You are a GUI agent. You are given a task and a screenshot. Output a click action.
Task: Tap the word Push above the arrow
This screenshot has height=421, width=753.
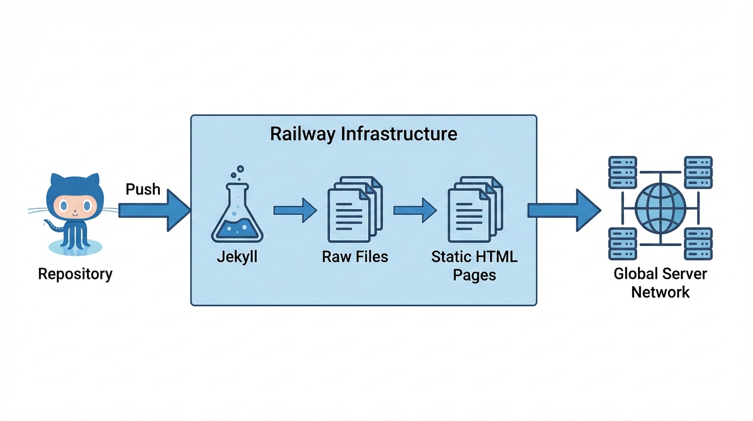[x=143, y=189]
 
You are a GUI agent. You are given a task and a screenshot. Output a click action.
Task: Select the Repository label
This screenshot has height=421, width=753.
[x=75, y=274]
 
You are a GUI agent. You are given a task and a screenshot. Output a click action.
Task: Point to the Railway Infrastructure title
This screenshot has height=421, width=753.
[x=363, y=134]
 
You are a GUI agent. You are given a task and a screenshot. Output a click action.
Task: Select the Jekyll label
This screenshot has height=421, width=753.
[x=237, y=257]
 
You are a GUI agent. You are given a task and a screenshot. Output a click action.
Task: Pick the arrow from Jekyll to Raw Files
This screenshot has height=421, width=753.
[x=295, y=210]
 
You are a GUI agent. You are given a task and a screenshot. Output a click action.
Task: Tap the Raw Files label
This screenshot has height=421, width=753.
[x=355, y=257]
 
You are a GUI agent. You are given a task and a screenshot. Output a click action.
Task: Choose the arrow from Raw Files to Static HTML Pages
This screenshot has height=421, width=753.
[x=415, y=210]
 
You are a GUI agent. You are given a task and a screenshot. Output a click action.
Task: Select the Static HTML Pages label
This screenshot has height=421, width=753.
[x=474, y=266]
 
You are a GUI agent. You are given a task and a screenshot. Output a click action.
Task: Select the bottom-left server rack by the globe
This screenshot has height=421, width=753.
[x=622, y=244]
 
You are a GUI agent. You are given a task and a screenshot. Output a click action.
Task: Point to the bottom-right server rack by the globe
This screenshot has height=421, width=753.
[x=698, y=244]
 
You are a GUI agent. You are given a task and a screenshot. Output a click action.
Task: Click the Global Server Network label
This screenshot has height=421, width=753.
[x=661, y=283]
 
